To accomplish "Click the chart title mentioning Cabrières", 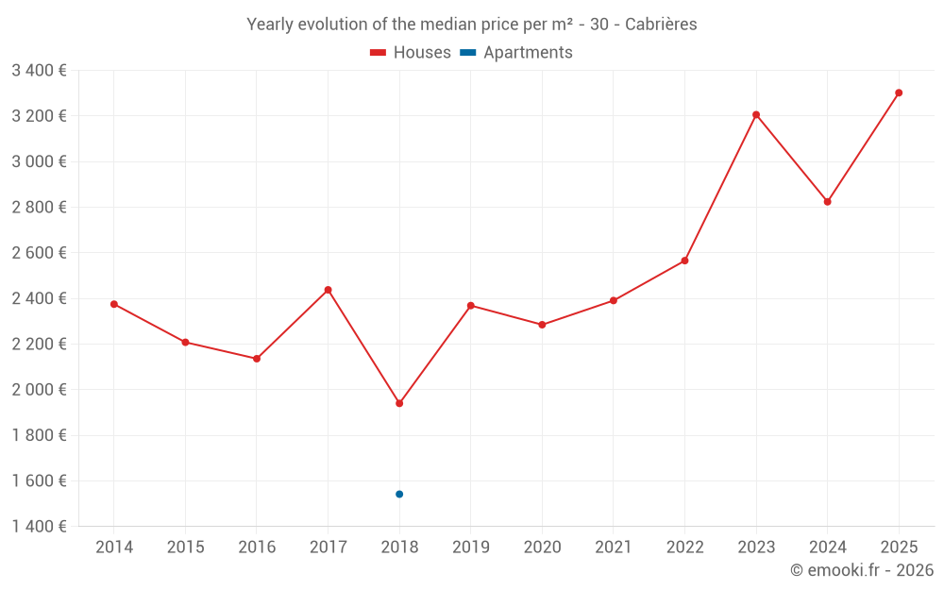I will (471, 25).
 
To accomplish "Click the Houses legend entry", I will (411, 53).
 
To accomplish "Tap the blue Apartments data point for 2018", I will (399, 494).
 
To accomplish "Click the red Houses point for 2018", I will (399, 403).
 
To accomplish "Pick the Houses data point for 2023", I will (756, 115).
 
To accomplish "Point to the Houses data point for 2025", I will (899, 93).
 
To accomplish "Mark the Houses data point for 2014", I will (114, 304).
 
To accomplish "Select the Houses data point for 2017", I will (328, 290).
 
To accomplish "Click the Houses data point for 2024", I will (828, 201).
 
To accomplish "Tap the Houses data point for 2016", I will (257, 359).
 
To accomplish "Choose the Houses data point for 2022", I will (684, 261).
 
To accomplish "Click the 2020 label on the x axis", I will (542, 548).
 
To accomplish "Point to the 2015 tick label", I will (185, 548).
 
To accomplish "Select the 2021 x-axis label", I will (614, 548).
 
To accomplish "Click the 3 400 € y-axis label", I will (39, 70).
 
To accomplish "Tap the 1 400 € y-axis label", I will (39, 527).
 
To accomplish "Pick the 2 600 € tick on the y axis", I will (39, 253).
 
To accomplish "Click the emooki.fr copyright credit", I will (861, 570).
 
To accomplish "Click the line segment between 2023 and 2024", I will (792, 159).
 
